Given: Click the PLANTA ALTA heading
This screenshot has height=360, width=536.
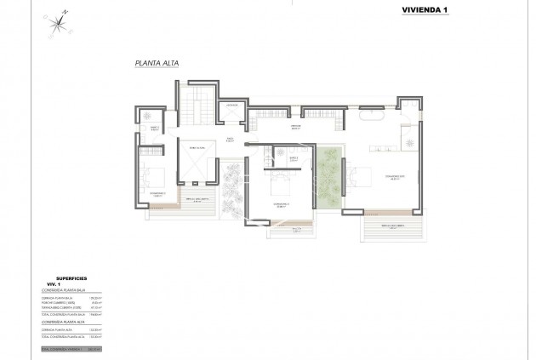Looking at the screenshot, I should tap(156, 63).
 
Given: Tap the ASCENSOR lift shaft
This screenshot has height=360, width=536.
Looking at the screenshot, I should tap(231, 113).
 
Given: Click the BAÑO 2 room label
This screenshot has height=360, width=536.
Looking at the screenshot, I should tap(294, 158).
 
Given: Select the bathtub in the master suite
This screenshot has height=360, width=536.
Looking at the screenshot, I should tap(373, 111).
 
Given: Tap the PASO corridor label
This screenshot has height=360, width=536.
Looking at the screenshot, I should tap(229, 140).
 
